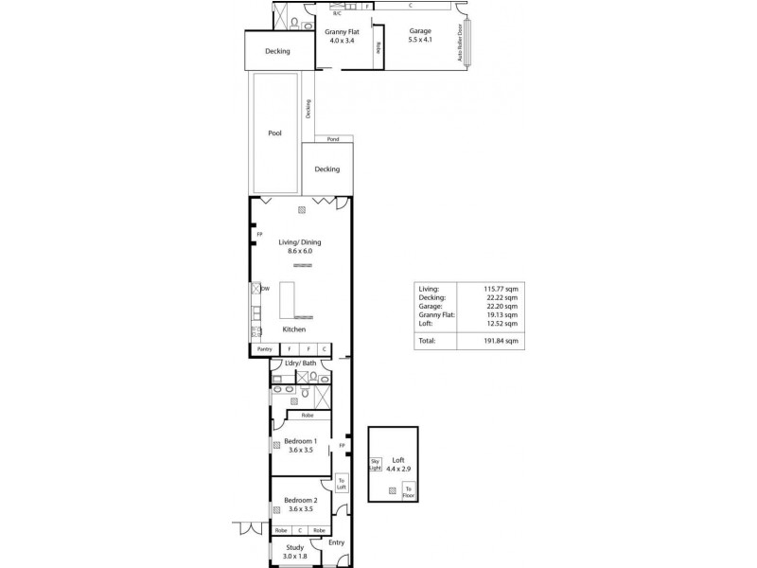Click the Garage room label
pos(420,30)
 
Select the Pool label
pos(274,133)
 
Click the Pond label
pos(333,139)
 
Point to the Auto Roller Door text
pos(461,43)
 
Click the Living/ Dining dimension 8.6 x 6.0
pos(299,251)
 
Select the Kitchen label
pos(294,329)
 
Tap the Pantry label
pos(265,349)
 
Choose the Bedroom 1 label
pos(300,440)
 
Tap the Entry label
pos(336,542)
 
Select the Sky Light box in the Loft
pos(375,463)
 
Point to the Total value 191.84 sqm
pos(501,340)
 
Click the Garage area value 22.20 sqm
pos(502,307)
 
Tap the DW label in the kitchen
pos(266,289)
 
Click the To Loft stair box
pos(342,484)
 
